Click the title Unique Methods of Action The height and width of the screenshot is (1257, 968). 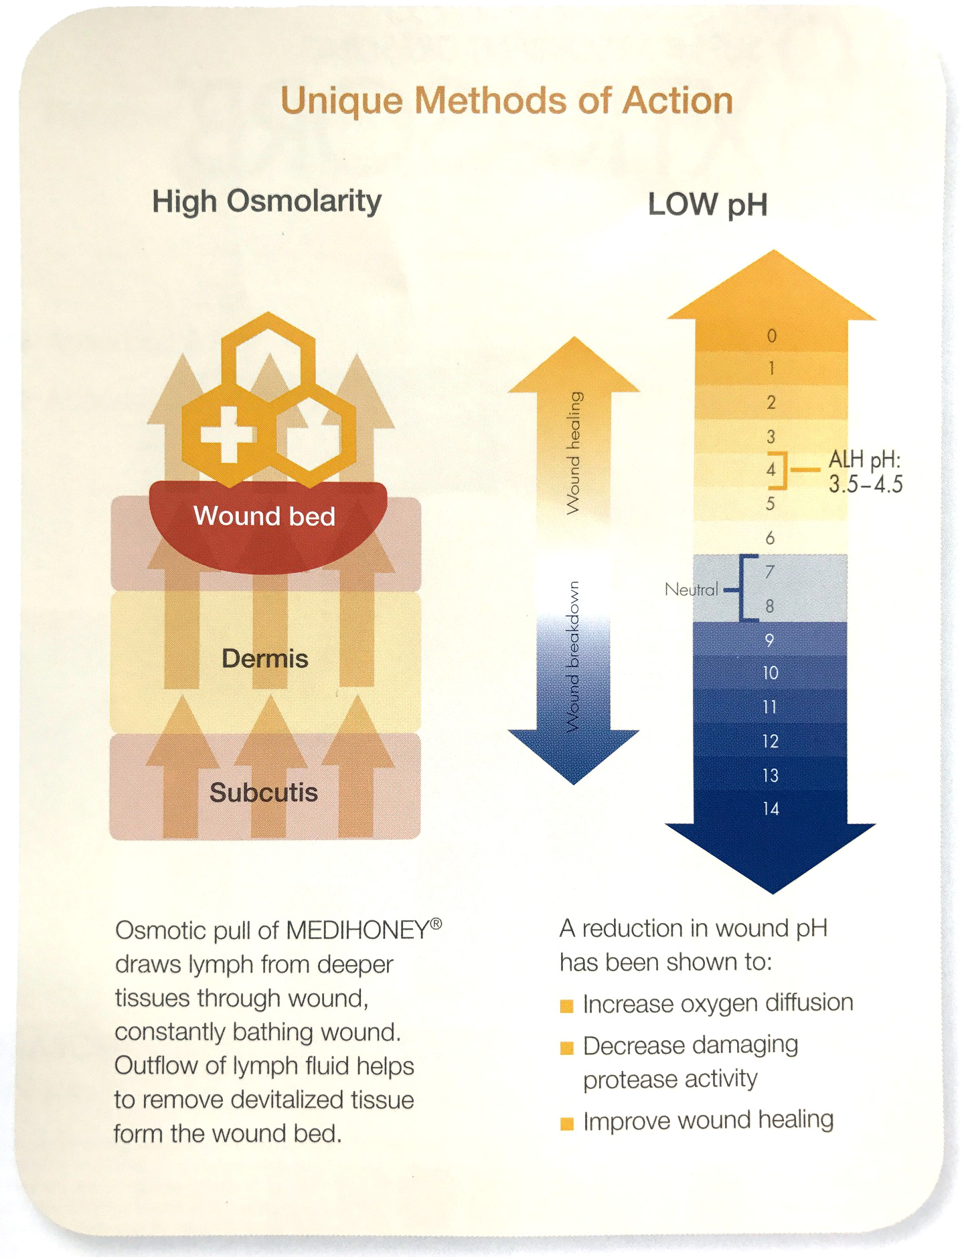pyautogui.click(x=506, y=102)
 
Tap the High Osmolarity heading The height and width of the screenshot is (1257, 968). pyautogui.click(x=267, y=201)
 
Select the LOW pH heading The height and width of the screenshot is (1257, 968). pyautogui.click(x=708, y=205)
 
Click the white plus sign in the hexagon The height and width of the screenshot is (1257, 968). pyautogui.click(x=228, y=434)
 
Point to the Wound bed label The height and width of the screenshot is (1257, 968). pyautogui.click(x=264, y=516)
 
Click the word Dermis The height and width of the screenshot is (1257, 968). pyautogui.click(x=265, y=659)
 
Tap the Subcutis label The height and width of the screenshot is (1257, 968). pyautogui.click(x=264, y=792)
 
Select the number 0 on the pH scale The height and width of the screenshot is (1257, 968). pyautogui.click(x=771, y=335)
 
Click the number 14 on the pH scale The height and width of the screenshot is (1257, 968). pyautogui.click(x=771, y=809)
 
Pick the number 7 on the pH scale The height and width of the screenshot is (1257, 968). pyautogui.click(x=770, y=572)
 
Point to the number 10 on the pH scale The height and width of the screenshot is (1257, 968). pyautogui.click(x=771, y=673)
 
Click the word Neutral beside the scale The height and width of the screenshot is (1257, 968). pyautogui.click(x=692, y=590)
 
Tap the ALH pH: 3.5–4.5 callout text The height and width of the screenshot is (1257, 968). pyautogui.click(x=866, y=471)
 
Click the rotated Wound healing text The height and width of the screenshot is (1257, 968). pyautogui.click(x=574, y=453)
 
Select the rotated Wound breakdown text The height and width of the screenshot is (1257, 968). pyautogui.click(x=573, y=657)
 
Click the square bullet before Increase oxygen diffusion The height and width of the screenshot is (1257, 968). pyautogui.click(x=567, y=1006)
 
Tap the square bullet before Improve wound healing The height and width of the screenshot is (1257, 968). pyautogui.click(x=567, y=1124)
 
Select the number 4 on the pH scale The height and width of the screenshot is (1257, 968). pyautogui.click(x=771, y=469)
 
